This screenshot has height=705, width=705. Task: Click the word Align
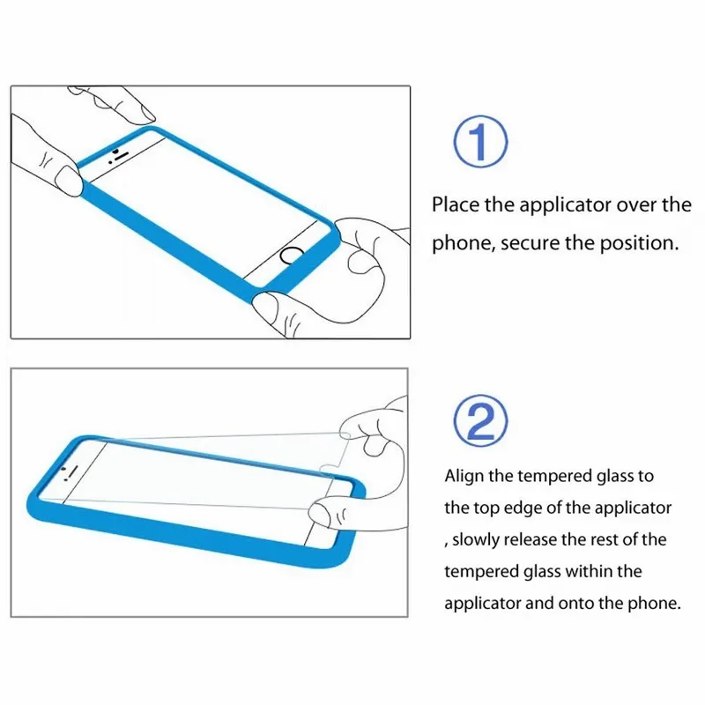click(x=464, y=476)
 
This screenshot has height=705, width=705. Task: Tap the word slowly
click(x=479, y=539)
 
